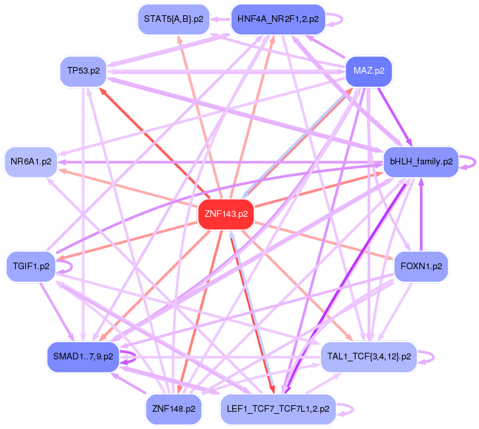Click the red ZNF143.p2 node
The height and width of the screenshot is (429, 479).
(x=226, y=214)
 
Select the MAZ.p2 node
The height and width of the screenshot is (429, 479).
(x=369, y=70)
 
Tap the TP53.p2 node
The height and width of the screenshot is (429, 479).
(x=84, y=70)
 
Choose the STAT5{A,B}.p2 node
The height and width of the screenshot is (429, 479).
(x=174, y=19)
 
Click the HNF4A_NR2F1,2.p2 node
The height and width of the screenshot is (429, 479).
(x=278, y=19)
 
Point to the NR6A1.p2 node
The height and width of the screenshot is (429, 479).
(x=31, y=162)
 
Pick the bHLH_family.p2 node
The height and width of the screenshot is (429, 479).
(x=421, y=161)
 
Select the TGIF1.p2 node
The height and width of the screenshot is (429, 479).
(x=31, y=267)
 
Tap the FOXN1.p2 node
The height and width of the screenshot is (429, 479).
(x=421, y=267)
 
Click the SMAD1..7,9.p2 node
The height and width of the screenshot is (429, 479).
(x=82, y=357)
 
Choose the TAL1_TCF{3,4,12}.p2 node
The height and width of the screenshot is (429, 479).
(x=369, y=357)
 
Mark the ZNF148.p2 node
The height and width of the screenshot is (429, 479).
(x=173, y=409)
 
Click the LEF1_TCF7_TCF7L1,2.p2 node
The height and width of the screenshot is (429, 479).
(x=278, y=409)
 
